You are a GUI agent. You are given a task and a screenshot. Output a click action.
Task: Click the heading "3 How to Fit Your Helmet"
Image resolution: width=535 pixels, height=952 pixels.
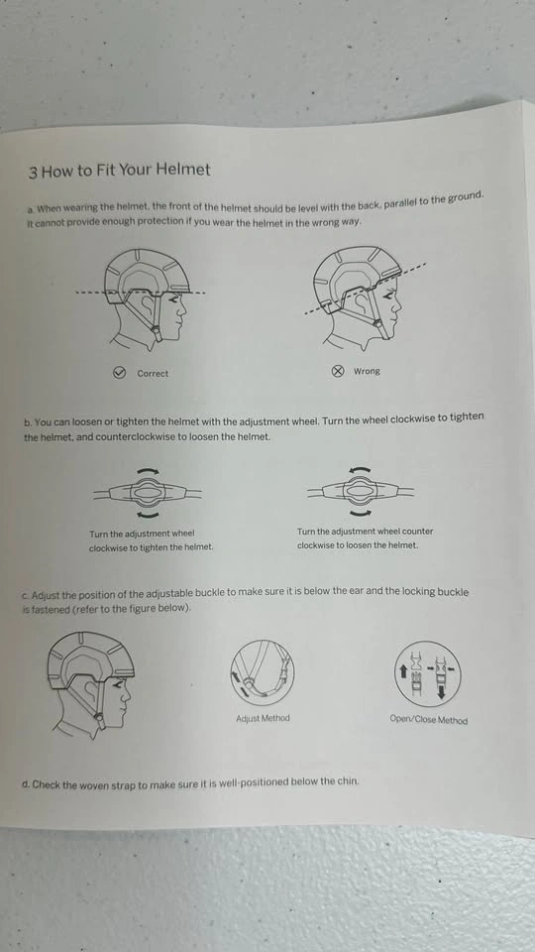click(120, 171)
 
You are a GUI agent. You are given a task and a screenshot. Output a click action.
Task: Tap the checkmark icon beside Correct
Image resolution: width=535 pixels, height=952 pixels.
click(120, 373)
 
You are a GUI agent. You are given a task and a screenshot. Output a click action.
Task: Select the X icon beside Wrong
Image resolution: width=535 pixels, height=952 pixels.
click(338, 371)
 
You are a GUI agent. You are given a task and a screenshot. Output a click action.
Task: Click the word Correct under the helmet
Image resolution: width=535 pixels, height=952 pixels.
click(153, 374)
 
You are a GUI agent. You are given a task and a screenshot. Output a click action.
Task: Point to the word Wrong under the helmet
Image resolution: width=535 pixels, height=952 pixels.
click(367, 371)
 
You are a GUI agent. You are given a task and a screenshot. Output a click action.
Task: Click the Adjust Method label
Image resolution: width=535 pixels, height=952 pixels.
click(263, 718)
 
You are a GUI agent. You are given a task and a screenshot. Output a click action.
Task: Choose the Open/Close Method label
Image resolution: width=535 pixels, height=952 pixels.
click(429, 720)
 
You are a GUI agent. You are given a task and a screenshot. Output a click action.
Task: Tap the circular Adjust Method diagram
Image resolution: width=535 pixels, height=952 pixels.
click(263, 671)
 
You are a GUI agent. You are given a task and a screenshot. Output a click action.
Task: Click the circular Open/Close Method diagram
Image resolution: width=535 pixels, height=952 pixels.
click(428, 674)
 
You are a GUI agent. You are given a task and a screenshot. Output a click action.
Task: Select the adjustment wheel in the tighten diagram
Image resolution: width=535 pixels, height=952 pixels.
click(148, 493)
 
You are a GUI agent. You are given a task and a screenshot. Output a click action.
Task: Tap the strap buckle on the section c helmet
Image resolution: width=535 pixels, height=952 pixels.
click(99, 720)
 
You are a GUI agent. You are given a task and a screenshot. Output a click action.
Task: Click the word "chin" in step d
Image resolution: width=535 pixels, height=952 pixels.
click(349, 780)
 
